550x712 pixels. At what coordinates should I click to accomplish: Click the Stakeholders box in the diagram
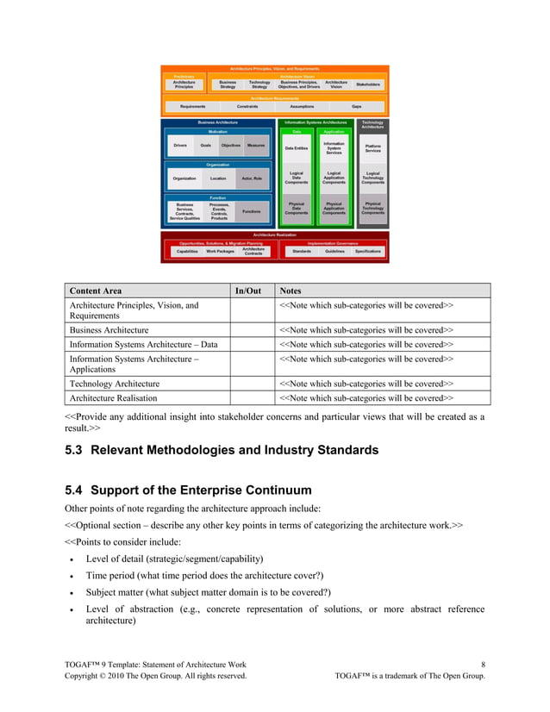tap(368, 84)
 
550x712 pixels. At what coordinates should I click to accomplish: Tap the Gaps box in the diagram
tap(356, 106)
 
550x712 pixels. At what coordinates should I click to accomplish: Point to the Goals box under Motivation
tap(205, 146)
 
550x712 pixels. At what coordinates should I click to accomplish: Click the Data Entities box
tap(296, 148)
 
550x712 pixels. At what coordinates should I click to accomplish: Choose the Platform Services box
tap(372, 148)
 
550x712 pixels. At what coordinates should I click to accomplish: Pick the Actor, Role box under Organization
tap(252, 178)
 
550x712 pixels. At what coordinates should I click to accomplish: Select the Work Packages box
tap(217, 251)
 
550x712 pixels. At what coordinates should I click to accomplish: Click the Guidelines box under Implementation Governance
tap(335, 251)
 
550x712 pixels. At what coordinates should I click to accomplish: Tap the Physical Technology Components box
tap(372, 208)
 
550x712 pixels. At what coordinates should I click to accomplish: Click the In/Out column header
tap(248, 290)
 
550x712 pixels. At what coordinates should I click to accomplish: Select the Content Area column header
tap(97, 290)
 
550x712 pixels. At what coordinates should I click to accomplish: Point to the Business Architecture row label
tap(109, 329)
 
